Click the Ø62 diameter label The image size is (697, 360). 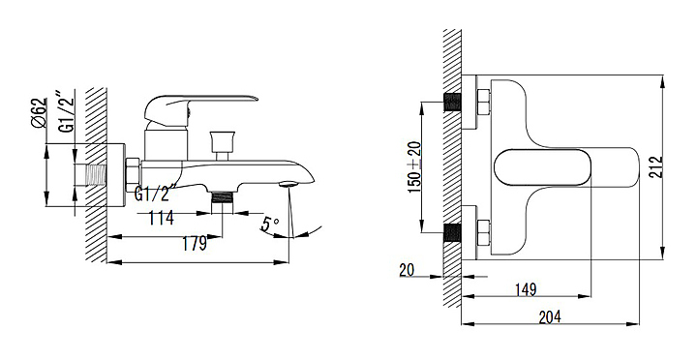[39, 113]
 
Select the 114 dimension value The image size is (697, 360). [161, 218]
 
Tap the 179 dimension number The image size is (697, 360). [195, 244]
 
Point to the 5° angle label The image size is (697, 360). [270, 224]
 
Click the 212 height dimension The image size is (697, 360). [655, 167]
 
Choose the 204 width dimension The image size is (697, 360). [550, 317]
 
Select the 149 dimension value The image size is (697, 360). [526, 289]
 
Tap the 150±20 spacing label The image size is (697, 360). [414, 166]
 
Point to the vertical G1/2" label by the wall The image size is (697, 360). [67, 112]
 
